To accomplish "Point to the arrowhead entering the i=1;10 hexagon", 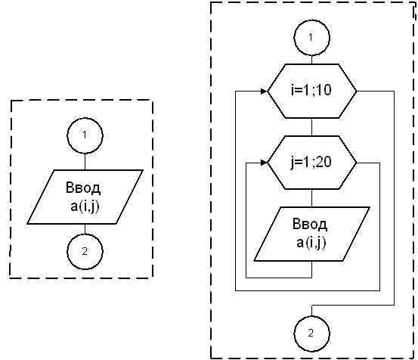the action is pyautogui.click(x=264, y=92).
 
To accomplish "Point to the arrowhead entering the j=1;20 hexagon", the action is pyautogui.click(x=264, y=163).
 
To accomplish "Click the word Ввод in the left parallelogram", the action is pyautogui.click(x=83, y=188).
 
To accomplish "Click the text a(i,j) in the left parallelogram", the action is pyautogui.click(x=85, y=206).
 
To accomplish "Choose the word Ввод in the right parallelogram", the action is pyautogui.click(x=310, y=225).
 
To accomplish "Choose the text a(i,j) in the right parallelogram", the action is pyautogui.click(x=311, y=243).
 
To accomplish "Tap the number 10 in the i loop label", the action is pyautogui.click(x=324, y=90).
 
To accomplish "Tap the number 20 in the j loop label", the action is pyautogui.click(x=324, y=162).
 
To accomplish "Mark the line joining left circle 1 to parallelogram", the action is pyautogui.click(x=85, y=162).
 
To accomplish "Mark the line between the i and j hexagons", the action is pyautogui.click(x=312, y=127).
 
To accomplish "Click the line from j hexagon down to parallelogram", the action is pyautogui.click(x=312, y=198).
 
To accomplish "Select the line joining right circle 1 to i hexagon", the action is pyautogui.click(x=312, y=60).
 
